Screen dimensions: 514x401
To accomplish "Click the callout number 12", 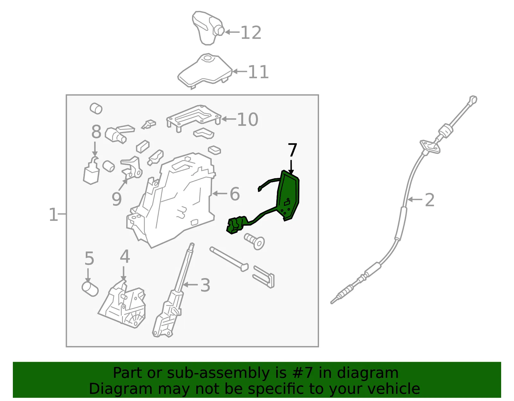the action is pyautogui.click(x=251, y=33).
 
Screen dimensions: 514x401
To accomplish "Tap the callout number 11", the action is pyautogui.click(x=258, y=72).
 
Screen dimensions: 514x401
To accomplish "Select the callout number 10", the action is pyautogui.click(x=248, y=119).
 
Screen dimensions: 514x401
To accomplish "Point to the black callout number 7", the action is pyautogui.click(x=292, y=150).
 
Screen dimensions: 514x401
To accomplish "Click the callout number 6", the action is pyautogui.click(x=235, y=194).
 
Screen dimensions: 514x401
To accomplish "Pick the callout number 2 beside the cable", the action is pyautogui.click(x=430, y=200).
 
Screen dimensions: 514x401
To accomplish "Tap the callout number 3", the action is pyautogui.click(x=205, y=285).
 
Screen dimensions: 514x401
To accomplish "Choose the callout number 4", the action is pyautogui.click(x=125, y=256).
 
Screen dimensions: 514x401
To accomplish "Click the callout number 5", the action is pyautogui.click(x=89, y=258).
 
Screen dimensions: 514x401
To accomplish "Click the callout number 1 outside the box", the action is pyautogui.click(x=53, y=214).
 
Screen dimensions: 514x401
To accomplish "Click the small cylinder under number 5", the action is pyautogui.click(x=90, y=289).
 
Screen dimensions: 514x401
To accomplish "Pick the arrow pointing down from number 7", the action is pyautogui.click(x=291, y=167).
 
